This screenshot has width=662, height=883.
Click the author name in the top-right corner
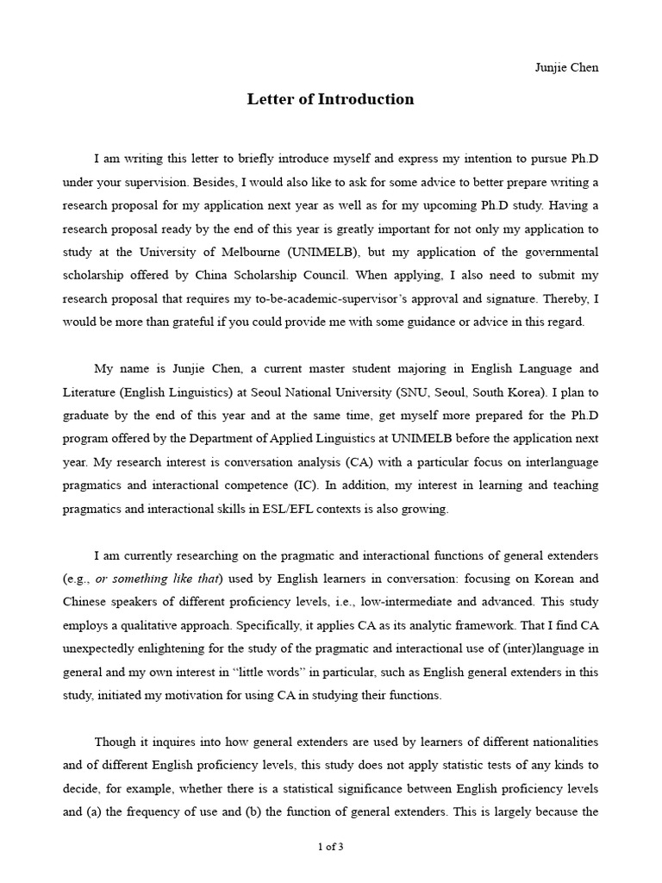click(566, 68)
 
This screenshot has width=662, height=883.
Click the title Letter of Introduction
click(330, 99)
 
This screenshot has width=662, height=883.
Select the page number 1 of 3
click(330, 847)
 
